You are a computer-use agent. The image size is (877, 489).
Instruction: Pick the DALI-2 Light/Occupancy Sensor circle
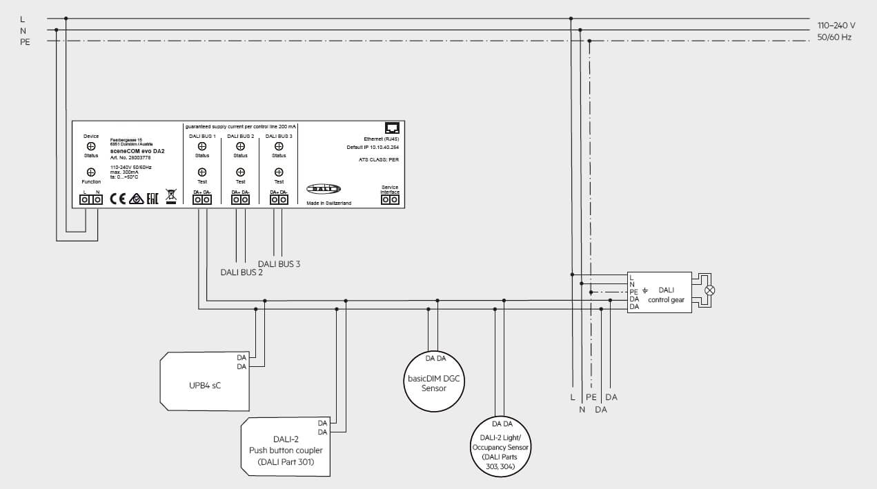pyautogui.click(x=502, y=447)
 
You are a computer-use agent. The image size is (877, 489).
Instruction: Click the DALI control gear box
pyautogui.click(x=659, y=292)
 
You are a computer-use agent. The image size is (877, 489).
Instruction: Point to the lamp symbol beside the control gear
pyautogui.click(x=709, y=290)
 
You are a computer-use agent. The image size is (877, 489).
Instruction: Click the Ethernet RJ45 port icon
pyautogui.click(x=392, y=128)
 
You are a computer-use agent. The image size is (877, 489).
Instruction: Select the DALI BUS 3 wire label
pyautogui.click(x=279, y=263)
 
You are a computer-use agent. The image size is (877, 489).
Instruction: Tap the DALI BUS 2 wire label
pyautogui.click(x=242, y=272)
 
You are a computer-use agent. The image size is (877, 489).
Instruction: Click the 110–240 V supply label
pyautogui.click(x=836, y=25)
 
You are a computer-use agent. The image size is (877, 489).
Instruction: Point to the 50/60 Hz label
pyautogui.click(x=834, y=37)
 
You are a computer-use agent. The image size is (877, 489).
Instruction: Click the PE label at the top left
pyautogui.click(x=26, y=42)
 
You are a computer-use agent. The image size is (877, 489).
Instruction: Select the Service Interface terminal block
pyautogui.click(x=390, y=199)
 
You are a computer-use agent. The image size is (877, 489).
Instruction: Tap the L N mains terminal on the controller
pyautogui.click(x=90, y=199)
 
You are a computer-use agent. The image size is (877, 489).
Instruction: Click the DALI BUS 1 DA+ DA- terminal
pyautogui.click(x=201, y=199)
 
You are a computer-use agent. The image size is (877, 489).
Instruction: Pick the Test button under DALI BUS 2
pyautogui.click(x=240, y=172)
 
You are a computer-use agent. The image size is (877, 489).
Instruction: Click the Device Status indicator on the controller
pyautogui.click(x=91, y=146)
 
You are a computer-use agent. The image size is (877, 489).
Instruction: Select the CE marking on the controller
pyautogui.click(x=118, y=199)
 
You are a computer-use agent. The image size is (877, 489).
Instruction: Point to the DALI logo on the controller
pyautogui.click(x=324, y=188)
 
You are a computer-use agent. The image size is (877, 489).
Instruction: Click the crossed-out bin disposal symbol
pyautogui.click(x=170, y=197)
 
